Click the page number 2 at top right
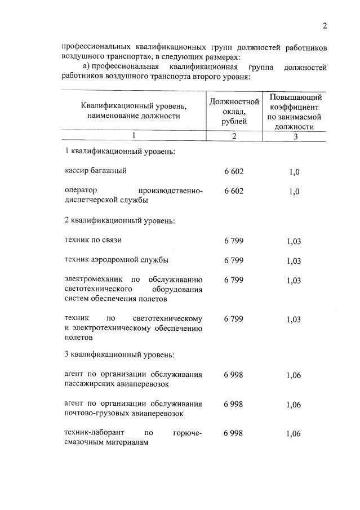click(x=325, y=25)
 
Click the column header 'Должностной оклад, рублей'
click(x=234, y=111)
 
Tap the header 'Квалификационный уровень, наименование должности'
click(x=134, y=111)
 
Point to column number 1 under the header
click(x=134, y=136)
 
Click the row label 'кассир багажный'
click(x=95, y=171)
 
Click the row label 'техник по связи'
click(x=94, y=240)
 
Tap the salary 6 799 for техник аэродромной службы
click(x=233, y=260)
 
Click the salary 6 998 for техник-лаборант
click(x=233, y=433)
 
